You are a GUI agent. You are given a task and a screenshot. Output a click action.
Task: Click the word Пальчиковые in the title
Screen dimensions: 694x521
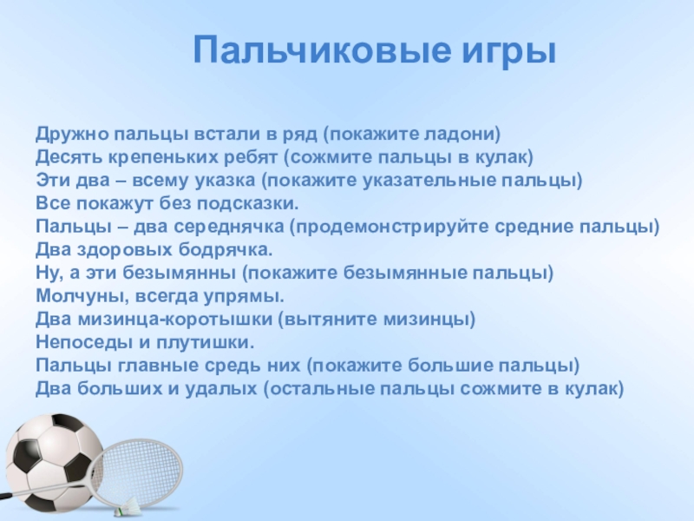coord(323,50)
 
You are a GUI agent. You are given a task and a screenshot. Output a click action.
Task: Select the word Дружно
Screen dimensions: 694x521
coord(72,134)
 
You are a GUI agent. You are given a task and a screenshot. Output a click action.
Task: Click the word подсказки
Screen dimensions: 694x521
coord(247,204)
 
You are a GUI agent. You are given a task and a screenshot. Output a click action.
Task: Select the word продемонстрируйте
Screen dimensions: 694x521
coord(392,227)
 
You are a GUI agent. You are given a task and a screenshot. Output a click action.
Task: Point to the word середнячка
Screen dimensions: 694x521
coord(228,227)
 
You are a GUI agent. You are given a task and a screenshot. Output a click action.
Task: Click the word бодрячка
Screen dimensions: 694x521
coord(226,250)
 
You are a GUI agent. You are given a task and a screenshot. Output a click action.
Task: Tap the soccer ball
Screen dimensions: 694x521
coord(53,461)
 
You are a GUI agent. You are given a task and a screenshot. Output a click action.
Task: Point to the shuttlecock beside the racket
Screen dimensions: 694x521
coord(129,506)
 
